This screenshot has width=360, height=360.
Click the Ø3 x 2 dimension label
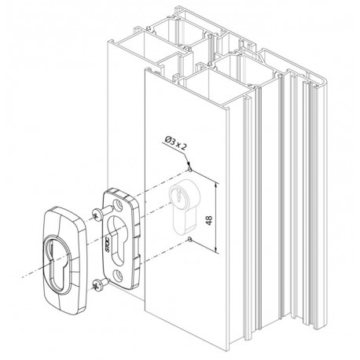pos(175,143)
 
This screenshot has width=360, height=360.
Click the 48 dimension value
pos(209,220)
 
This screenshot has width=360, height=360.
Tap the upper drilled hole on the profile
pos(190,170)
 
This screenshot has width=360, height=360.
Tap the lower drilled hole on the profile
pos(190,239)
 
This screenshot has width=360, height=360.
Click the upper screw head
pos(97,215)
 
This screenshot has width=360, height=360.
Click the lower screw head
pos(97,285)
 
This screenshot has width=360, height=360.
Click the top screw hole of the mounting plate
pos(119,204)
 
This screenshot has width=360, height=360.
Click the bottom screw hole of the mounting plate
pos(118,274)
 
